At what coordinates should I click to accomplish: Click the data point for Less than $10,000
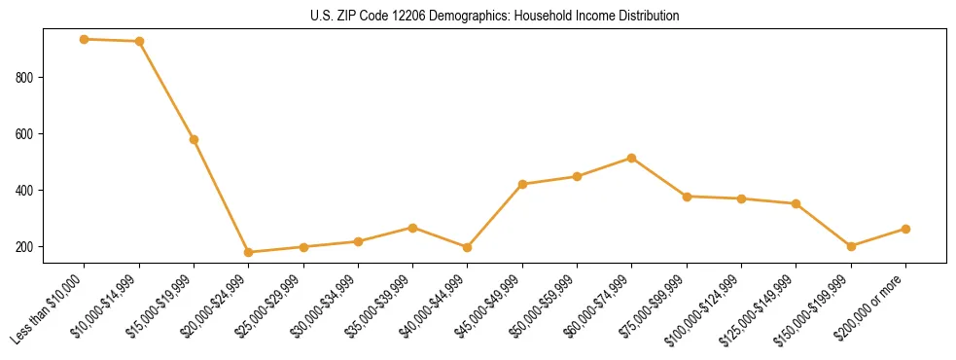pyautogui.click(x=85, y=39)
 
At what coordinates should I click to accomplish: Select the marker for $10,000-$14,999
pyautogui.click(x=139, y=42)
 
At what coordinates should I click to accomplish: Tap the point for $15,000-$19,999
pyautogui.click(x=195, y=139)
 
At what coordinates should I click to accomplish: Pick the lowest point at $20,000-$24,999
pyautogui.click(x=249, y=252)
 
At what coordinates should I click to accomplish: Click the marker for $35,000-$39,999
pyautogui.click(x=413, y=228)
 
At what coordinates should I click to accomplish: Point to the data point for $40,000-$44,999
pyautogui.click(x=468, y=247)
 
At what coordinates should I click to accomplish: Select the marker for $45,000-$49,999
pyautogui.click(x=522, y=184)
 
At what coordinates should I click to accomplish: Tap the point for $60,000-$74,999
pyautogui.click(x=632, y=158)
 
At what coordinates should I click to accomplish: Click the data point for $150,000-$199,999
pyautogui.click(x=851, y=246)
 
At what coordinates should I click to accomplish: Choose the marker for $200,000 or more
pyautogui.click(x=905, y=229)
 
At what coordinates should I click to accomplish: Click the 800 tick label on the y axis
pyautogui.click(x=33, y=77)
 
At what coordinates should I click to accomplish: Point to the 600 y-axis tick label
pyautogui.click(x=33, y=133)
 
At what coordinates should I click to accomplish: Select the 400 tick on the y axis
pyautogui.click(x=33, y=190)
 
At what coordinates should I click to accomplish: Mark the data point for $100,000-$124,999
pyautogui.click(x=741, y=198)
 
